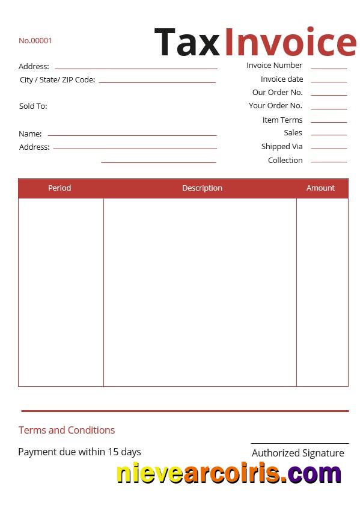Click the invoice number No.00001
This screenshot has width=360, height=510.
pos(35,41)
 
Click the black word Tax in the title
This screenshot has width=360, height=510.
pos(187,43)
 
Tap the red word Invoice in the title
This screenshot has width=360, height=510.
pos(290,43)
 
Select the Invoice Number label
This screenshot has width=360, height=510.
pos(274,66)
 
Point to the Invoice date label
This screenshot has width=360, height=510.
pos(282,79)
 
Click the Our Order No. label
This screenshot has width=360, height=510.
pos(277,93)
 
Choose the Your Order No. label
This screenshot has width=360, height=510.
pos(275,106)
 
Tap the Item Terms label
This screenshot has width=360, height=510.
pos(282,120)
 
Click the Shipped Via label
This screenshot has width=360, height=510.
pos(282,147)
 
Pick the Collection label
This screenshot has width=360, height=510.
pos(285,161)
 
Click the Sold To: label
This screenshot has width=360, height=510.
pos(33,106)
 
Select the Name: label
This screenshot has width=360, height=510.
pos(30,134)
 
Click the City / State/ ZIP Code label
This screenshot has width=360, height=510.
pos(58,80)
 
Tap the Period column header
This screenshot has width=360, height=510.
pos(59,188)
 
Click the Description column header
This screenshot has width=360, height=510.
pos(202,188)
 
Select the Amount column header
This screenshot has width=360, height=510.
pos(320,188)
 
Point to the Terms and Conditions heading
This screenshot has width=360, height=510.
pos(67,430)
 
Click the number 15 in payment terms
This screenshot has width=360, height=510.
pos(113,452)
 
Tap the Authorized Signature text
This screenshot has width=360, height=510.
pos(297,453)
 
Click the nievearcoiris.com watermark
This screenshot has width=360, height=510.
pos(228,473)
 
